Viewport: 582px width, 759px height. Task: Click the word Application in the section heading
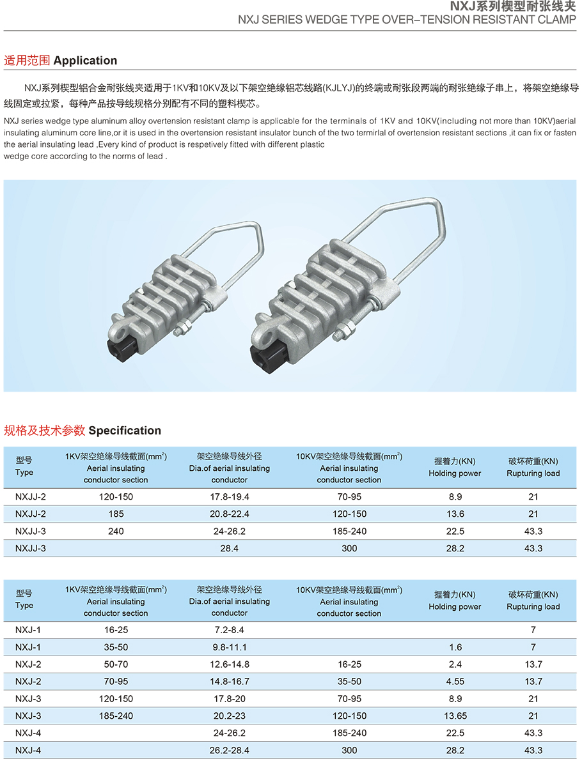click(x=85, y=61)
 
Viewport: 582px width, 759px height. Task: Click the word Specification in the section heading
click(x=125, y=431)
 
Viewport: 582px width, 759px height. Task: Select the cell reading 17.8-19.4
click(x=229, y=497)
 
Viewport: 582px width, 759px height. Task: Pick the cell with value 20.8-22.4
click(x=229, y=514)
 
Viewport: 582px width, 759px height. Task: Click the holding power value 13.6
click(x=455, y=514)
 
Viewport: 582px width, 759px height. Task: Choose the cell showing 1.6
click(x=455, y=647)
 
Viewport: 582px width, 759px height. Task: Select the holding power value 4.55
click(x=455, y=682)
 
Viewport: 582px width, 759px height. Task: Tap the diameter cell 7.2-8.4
click(x=229, y=630)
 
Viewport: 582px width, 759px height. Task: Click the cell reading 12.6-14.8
click(x=229, y=664)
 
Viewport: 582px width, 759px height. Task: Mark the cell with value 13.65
click(x=455, y=716)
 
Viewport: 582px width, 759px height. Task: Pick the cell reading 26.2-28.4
click(x=229, y=751)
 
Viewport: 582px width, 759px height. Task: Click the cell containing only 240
click(x=116, y=532)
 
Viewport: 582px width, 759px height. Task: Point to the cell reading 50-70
click(x=116, y=664)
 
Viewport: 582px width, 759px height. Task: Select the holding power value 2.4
click(x=455, y=664)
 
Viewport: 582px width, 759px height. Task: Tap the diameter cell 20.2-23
click(x=229, y=716)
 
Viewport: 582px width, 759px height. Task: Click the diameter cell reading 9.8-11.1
click(x=229, y=647)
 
